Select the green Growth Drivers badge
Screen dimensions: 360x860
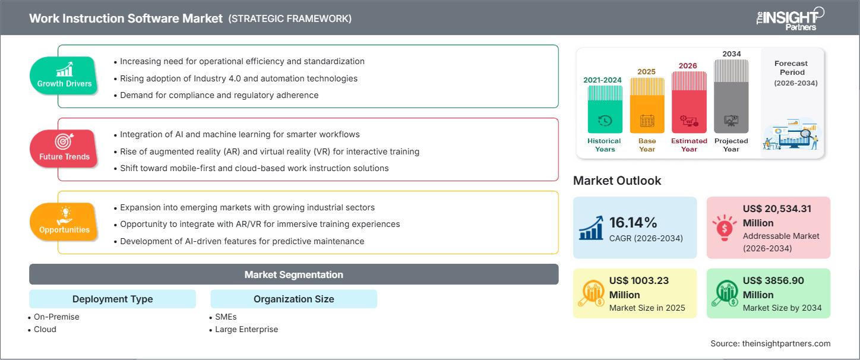click(64, 75)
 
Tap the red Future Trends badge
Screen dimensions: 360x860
click(64, 149)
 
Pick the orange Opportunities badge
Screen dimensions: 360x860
click(64, 222)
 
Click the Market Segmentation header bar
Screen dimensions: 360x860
click(293, 274)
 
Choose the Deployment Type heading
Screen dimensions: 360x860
click(112, 299)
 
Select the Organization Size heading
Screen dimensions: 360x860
click(293, 299)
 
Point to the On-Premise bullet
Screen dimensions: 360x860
click(56, 317)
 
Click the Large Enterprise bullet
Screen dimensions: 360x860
click(246, 329)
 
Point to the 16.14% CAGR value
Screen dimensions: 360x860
click(633, 223)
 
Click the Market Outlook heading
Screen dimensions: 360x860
click(616, 181)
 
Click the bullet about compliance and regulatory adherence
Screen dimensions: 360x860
click(219, 95)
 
